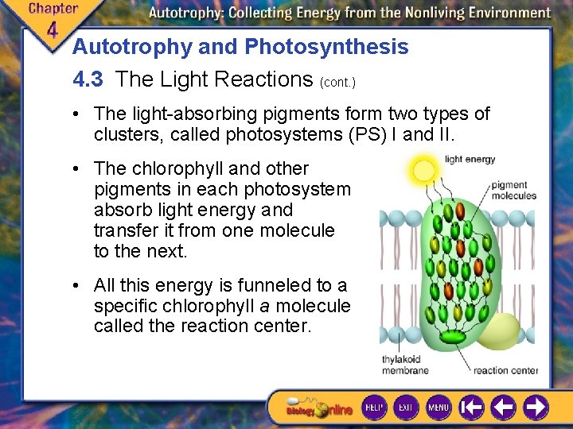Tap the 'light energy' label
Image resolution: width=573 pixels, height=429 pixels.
coord(470,160)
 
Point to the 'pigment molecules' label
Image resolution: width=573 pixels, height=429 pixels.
coord(513,191)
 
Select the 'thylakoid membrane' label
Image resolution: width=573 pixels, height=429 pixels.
coord(405,365)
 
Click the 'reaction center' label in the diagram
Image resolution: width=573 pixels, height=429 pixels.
coord(505,370)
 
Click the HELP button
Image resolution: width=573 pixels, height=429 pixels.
coord(374,408)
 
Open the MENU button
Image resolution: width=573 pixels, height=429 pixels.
coord(439,408)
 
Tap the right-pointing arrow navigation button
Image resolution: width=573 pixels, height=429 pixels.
coord(536,408)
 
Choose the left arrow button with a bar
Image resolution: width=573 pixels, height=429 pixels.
coord(472,408)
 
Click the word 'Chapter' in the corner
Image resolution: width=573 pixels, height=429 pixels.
coord(53,9)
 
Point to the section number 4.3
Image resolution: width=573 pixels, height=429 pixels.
coord(88,79)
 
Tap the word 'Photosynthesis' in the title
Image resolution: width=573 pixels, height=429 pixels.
coord(326,47)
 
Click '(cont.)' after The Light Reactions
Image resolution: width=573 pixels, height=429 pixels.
coord(337,82)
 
